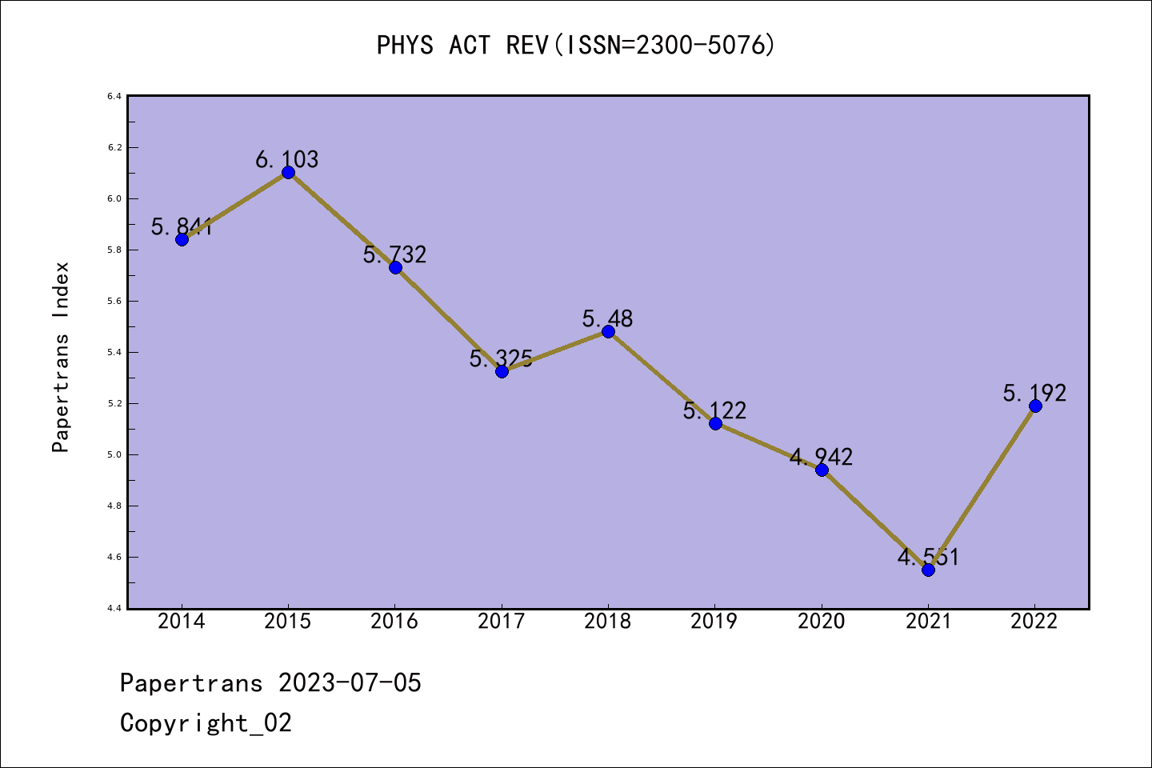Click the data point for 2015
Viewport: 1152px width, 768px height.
pyautogui.click(x=288, y=173)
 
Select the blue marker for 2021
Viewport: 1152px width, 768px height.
pyautogui.click(x=928, y=570)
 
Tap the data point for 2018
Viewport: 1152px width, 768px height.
pyautogui.click(x=608, y=332)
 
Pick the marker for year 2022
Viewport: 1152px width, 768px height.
pyautogui.click(x=1035, y=406)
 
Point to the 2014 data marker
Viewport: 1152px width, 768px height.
pyautogui.click(x=182, y=239)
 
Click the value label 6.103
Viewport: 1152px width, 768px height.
pyautogui.click(x=287, y=159)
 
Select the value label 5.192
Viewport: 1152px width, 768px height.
pyautogui.click(x=1034, y=393)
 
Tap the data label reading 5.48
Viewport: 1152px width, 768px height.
pyautogui.click(x=607, y=318)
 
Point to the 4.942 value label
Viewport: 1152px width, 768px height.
pyautogui.click(x=821, y=457)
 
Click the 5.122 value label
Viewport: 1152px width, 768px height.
pyautogui.click(x=714, y=410)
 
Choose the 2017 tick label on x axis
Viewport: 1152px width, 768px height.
pyautogui.click(x=501, y=621)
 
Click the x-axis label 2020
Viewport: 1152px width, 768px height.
pyautogui.click(x=821, y=621)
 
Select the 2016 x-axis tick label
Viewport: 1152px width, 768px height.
pyautogui.click(x=394, y=621)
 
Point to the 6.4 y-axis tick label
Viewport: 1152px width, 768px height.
pyautogui.click(x=114, y=97)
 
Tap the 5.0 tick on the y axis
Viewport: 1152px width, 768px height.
pyautogui.click(x=114, y=454)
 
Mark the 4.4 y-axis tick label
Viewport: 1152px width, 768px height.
pyautogui.click(x=114, y=608)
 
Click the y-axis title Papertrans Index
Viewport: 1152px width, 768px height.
pyautogui.click(x=61, y=357)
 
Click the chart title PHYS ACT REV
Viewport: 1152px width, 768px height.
pyautogui.click(x=576, y=45)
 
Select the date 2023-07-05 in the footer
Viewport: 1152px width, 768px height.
pyautogui.click(x=350, y=682)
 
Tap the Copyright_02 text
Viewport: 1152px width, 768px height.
pyautogui.click(x=206, y=722)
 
